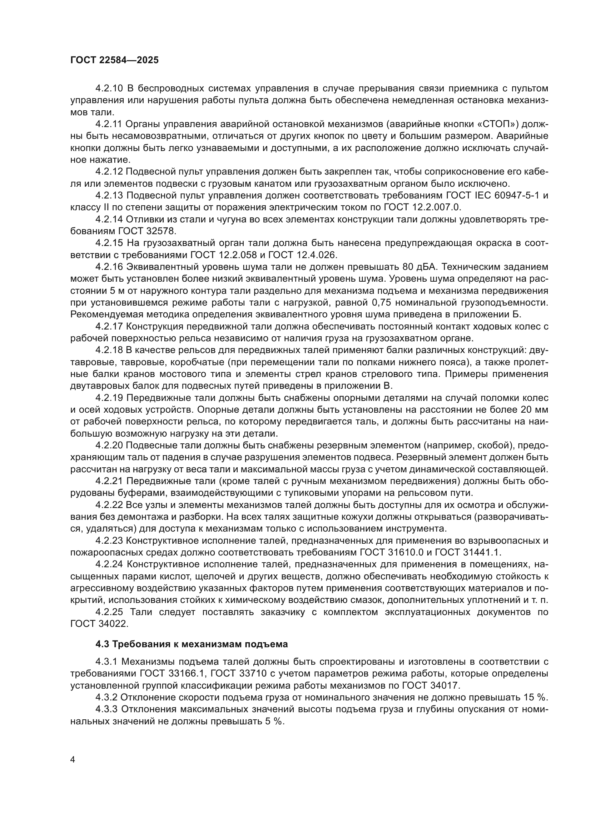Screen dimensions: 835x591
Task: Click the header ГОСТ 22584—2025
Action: [114, 60]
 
